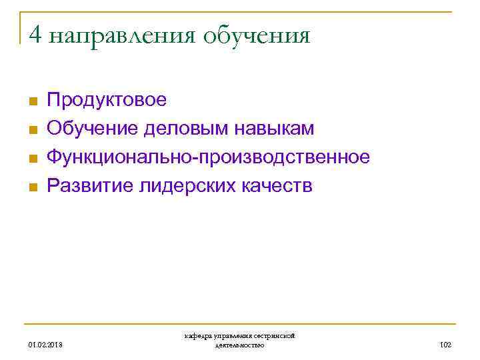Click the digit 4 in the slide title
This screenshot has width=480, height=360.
pyautogui.click(x=35, y=35)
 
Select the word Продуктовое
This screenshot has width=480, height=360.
pyautogui.click(x=107, y=101)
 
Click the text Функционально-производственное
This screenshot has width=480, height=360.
pyautogui.click(x=208, y=158)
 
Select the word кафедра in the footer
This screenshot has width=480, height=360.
pyautogui.click(x=198, y=337)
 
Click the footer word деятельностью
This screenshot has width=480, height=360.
pyautogui.click(x=240, y=345)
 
